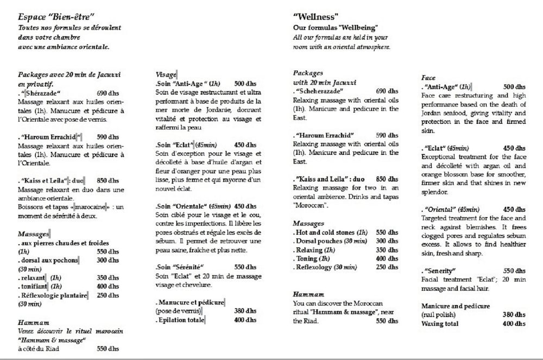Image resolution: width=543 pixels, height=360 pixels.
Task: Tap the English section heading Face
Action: tap(428, 78)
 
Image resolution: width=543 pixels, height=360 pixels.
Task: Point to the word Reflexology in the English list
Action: tap(314, 267)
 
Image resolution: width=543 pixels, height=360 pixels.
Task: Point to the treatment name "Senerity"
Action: tap(440, 270)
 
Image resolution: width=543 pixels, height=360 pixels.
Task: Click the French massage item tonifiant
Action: tap(34, 286)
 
